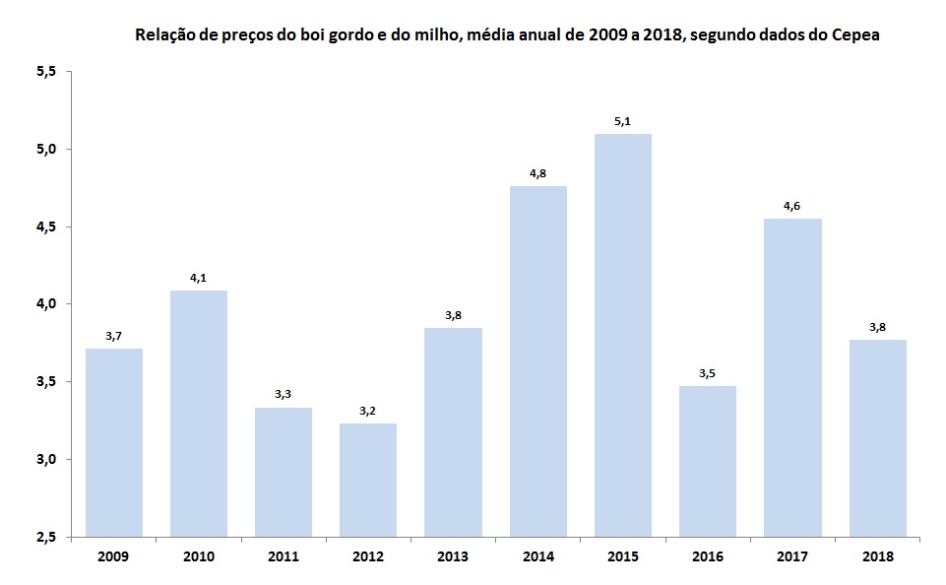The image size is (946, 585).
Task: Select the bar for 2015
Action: click(623, 335)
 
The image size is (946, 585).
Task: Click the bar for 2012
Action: click(368, 480)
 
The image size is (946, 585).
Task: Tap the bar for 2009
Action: click(113, 442)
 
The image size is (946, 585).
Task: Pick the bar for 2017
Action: click(792, 377)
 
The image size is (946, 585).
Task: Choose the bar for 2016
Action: click(708, 461)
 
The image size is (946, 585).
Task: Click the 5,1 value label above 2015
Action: click(623, 121)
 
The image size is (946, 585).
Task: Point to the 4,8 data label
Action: click(537, 173)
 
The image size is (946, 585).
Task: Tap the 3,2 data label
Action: click(368, 411)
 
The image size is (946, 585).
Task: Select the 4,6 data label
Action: click(792, 206)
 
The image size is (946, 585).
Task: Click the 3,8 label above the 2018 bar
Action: click(877, 327)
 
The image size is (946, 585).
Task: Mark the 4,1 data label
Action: click(198, 278)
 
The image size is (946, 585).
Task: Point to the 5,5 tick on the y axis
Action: click(47, 72)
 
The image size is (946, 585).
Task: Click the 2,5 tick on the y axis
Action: click(47, 537)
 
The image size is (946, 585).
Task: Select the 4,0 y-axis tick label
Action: click(47, 304)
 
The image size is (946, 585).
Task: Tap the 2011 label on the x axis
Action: click(284, 556)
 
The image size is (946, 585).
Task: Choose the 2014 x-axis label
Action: click(537, 556)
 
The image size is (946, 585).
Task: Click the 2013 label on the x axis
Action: click(453, 556)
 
